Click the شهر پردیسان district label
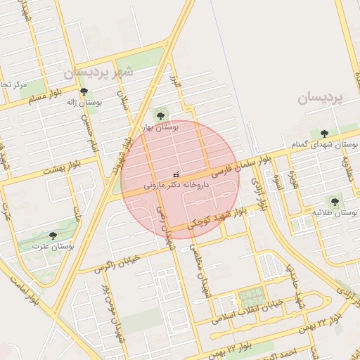click(98, 72)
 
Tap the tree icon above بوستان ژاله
click(84, 91)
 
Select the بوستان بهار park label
click(160, 127)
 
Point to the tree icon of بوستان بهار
click(160, 114)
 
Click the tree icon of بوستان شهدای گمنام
click(324, 133)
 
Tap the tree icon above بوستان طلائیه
click(333, 201)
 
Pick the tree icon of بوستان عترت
click(53, 236)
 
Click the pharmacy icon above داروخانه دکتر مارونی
click(175, 174)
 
